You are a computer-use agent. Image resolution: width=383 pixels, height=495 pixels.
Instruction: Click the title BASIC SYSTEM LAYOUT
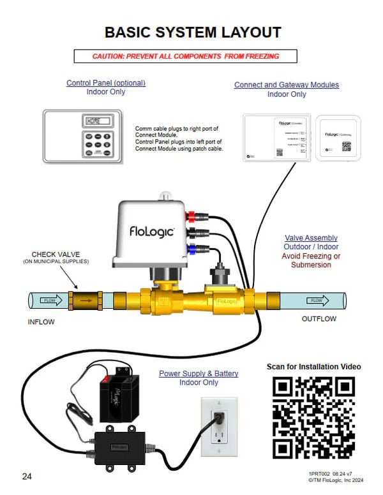(x=192, y=33)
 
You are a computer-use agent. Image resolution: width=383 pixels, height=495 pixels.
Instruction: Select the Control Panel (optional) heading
(x=106, y=83)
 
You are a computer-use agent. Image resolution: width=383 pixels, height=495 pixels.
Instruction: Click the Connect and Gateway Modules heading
(x=287, y=85)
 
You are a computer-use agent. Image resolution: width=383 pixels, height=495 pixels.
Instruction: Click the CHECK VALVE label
(x=56, y=254)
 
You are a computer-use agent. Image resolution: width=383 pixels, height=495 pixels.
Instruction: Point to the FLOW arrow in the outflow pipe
(x=317, y=300)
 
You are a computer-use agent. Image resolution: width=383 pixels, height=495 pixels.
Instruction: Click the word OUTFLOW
(x=319, y=319)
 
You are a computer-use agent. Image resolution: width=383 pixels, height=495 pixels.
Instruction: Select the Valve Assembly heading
(x=311, y=238)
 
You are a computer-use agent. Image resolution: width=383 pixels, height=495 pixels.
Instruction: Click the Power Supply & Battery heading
(x=199, y=373)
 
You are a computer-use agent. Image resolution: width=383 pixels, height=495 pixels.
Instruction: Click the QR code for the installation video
(x=313, y=418)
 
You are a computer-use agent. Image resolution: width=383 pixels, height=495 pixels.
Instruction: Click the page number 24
(x=27, y=477)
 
